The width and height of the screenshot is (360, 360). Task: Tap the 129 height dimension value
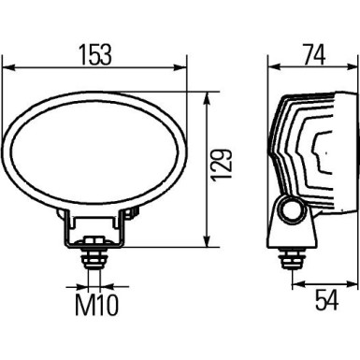tap(221, 169)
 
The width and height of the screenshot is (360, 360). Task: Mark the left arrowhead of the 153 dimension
tap(8, 67)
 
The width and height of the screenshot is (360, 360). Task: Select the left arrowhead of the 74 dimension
tap(274, 67)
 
